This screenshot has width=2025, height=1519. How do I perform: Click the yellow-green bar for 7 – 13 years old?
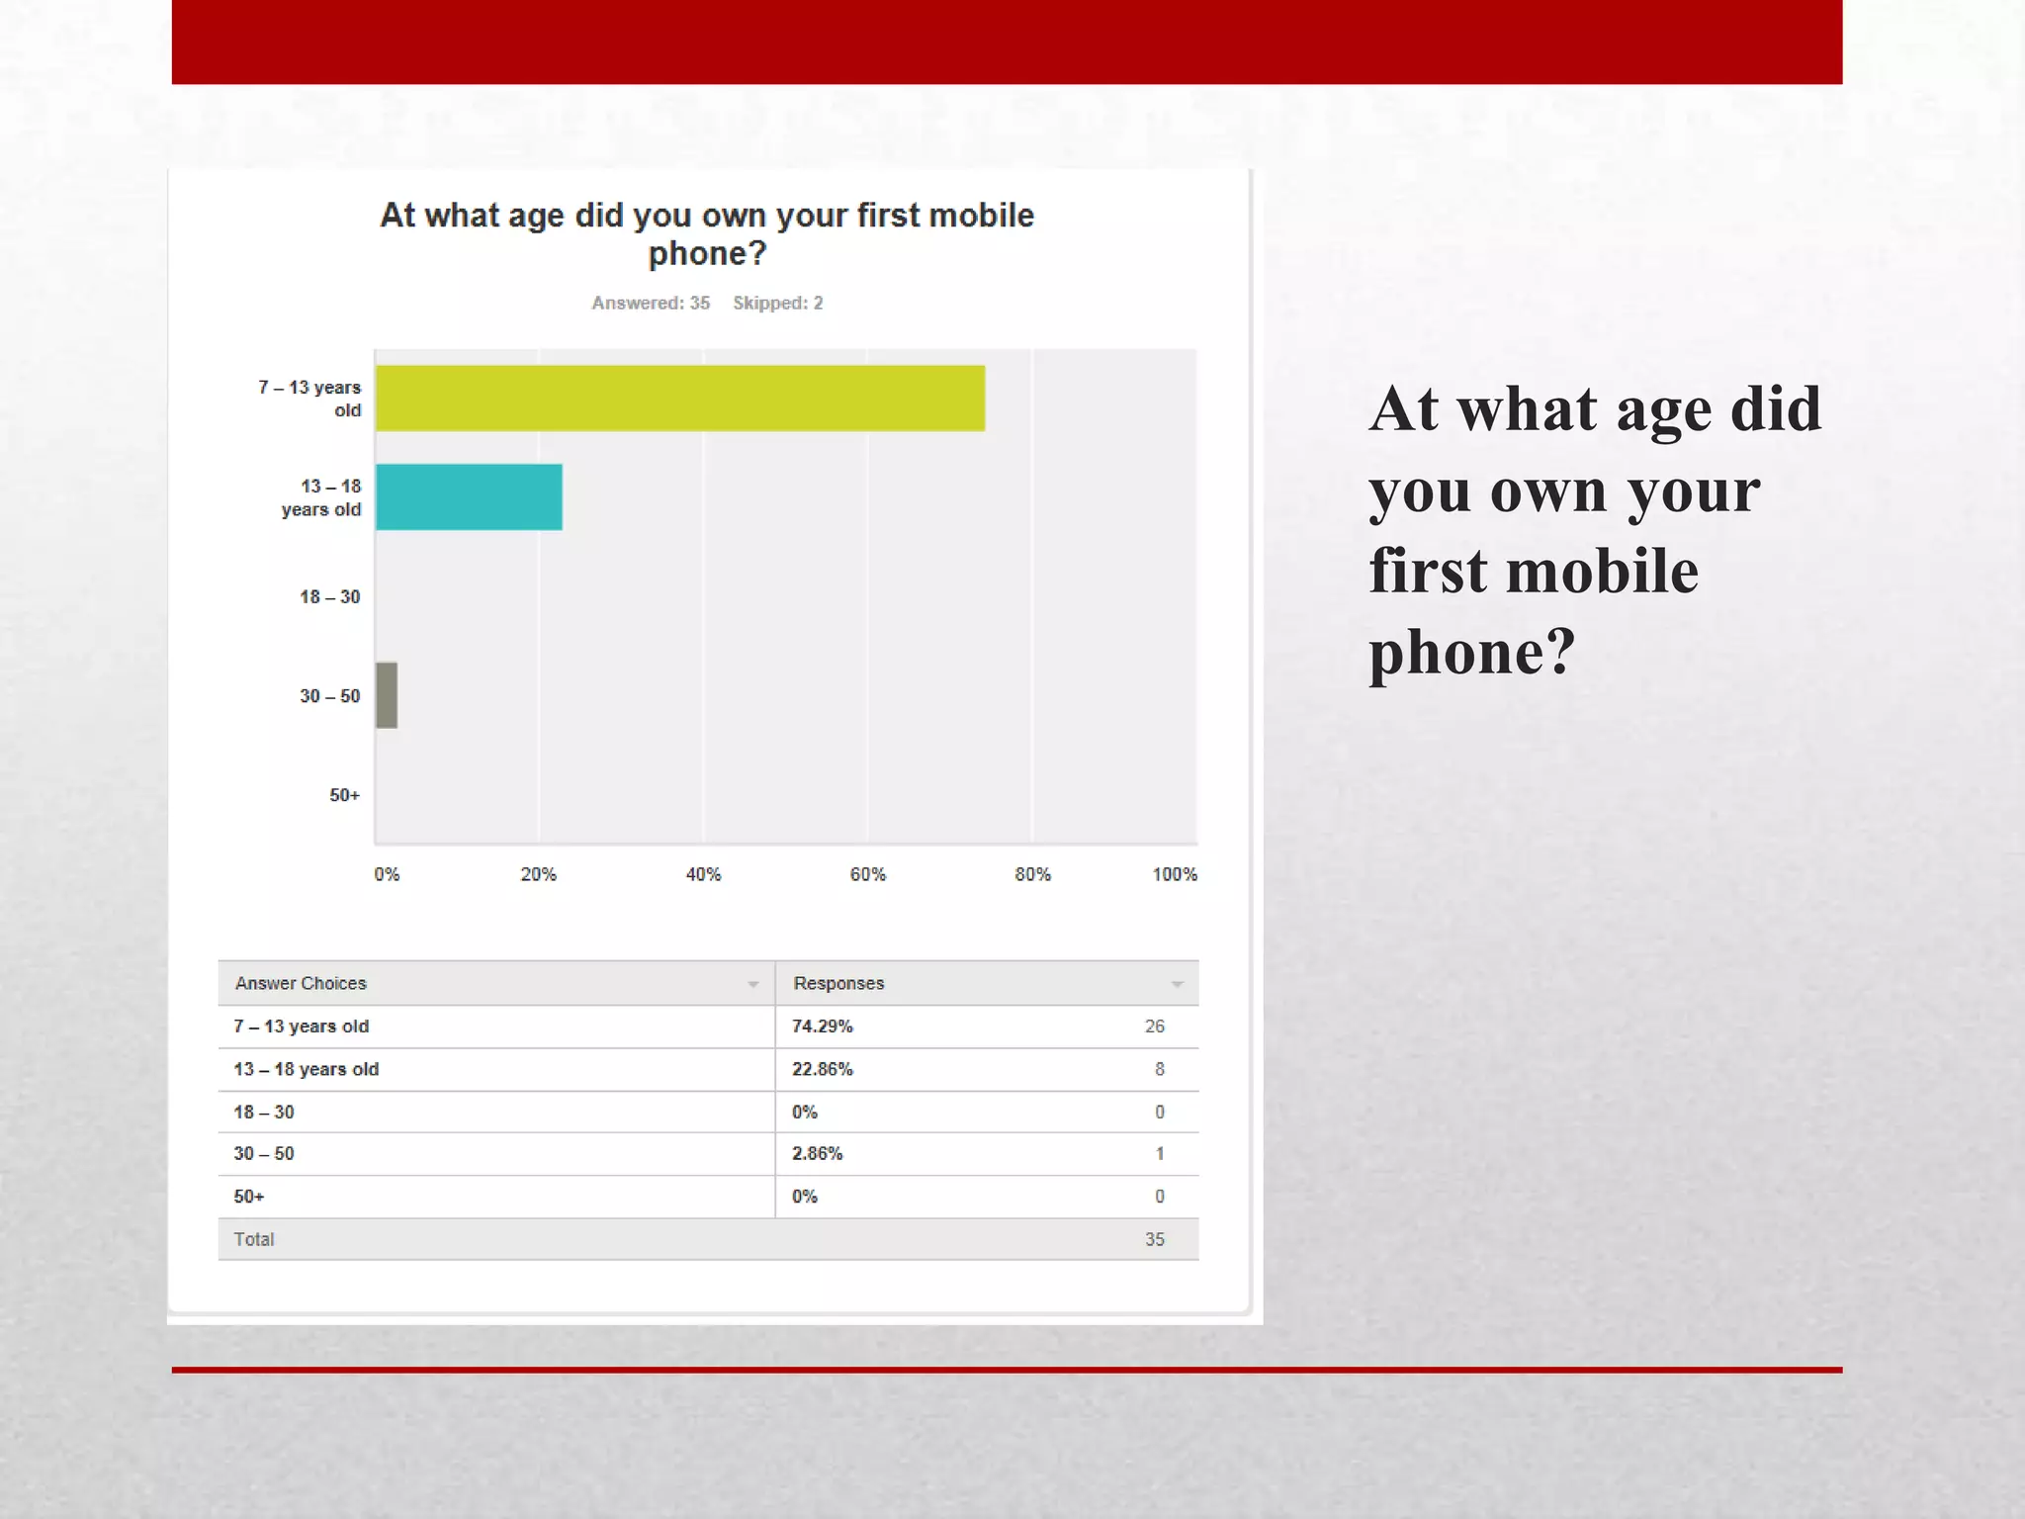680,399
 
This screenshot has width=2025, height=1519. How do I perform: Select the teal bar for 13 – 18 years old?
469,497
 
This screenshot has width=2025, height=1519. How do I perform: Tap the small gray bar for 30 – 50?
387,695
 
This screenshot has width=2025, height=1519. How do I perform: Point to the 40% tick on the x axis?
703,874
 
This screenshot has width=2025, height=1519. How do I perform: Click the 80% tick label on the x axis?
1032,874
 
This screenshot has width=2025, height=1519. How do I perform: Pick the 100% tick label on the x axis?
1174,874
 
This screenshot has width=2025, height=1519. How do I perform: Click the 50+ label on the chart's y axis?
344,795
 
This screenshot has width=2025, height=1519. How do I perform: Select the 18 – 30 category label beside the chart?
329,596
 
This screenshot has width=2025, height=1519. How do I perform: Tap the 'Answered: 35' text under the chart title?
651,304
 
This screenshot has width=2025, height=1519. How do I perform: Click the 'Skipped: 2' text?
777,304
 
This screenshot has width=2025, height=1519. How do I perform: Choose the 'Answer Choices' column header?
301,983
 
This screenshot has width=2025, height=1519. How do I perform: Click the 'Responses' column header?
838,983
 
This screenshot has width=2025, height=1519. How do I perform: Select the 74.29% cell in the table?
822,1027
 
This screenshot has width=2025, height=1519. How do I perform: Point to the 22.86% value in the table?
822,1069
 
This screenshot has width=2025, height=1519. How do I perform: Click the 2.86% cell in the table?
817,1153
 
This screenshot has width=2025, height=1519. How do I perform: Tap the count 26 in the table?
1154,1027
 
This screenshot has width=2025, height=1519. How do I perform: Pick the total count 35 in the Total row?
1154,1239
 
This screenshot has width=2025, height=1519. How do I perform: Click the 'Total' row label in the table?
254,1239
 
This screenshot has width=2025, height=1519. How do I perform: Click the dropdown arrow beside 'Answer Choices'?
753,984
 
